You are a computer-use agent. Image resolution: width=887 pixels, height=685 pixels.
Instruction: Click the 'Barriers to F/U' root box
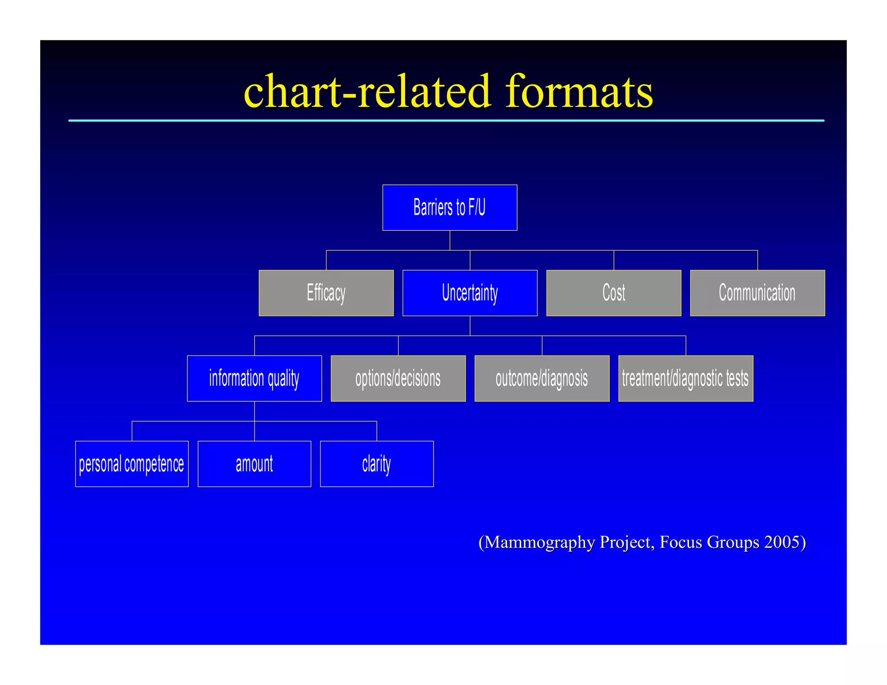tap(450, 207)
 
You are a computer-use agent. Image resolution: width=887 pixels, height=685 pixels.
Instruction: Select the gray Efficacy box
tap(326, 293)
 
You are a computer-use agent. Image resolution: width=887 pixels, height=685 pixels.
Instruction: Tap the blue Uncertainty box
tap(470, 293)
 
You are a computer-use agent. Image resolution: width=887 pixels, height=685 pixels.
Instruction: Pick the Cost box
tap(614, 293)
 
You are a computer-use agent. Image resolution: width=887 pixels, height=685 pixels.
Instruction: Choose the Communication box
tap(757, 293)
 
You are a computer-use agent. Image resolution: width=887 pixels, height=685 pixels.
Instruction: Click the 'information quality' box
tap(254, 378)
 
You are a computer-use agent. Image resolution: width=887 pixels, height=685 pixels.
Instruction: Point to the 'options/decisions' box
tap(398, 378)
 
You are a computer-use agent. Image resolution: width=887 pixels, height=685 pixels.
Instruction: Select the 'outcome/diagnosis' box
tap(542, 378)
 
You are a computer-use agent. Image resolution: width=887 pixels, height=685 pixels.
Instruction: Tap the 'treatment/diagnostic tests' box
tap(686, 378)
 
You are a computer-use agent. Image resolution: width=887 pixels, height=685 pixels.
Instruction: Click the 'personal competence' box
tap(132, 464)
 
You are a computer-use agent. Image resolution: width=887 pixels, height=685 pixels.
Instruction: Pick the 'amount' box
tap(254, 464)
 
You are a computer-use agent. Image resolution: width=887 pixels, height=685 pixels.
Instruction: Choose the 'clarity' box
tap(377, 464)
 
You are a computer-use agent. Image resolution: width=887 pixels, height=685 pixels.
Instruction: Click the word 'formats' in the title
tap(579, 92)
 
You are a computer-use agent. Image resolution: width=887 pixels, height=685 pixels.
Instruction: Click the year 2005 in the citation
tap(782, 542)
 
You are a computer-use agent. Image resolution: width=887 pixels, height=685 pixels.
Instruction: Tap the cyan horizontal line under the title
tap(446, 120)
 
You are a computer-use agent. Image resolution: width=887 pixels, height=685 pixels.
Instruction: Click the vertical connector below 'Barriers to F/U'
tap(450, 240)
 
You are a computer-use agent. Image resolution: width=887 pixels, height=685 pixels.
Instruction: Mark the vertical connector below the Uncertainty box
tap(470, 326)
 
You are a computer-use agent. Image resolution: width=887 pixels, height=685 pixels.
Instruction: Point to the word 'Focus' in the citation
tap(682, 542)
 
